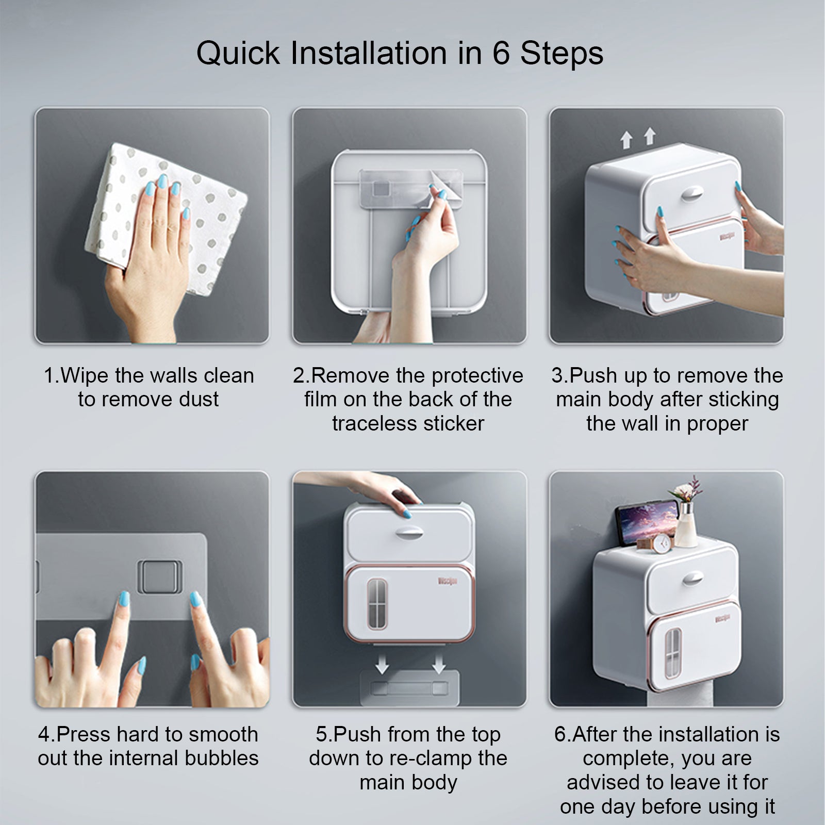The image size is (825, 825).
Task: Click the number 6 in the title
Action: [501, 53]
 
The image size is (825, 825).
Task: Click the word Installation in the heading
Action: [369, 53]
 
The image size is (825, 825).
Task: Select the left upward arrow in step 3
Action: [626, 140]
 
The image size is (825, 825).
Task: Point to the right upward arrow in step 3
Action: [650, 136]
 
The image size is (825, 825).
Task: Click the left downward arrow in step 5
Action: [382, 664]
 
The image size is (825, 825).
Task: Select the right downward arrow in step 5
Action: [439, 664]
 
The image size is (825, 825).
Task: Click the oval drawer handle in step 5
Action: [410, 533]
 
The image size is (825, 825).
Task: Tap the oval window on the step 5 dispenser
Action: [377, 604]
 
